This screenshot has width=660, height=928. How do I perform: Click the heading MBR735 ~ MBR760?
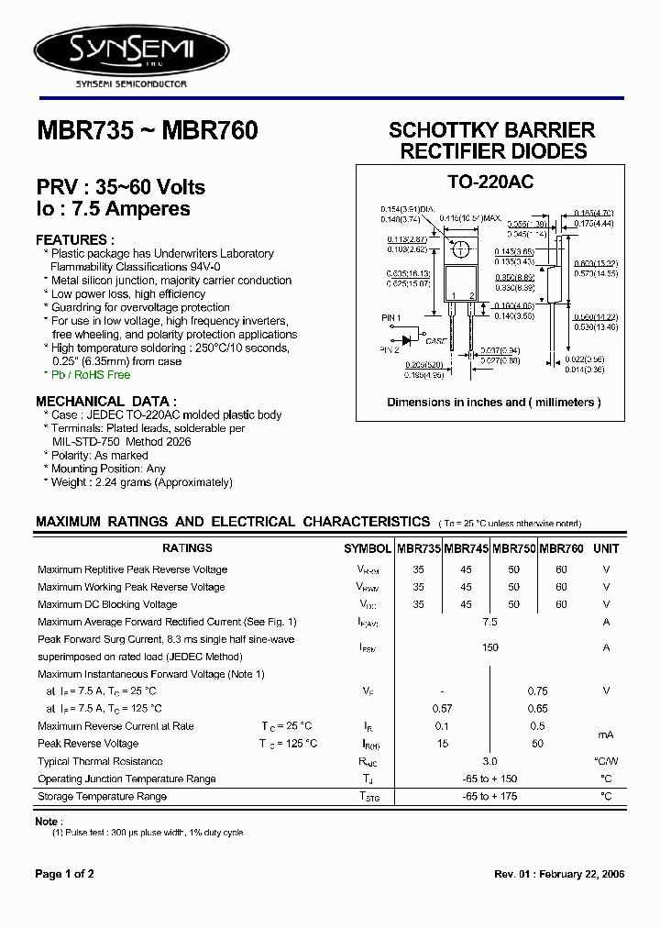[147, 130]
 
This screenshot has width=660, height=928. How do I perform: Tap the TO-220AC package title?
[489, 182]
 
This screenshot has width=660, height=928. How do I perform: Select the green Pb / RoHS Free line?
[91, 374]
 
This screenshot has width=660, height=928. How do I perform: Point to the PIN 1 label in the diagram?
[391, 317]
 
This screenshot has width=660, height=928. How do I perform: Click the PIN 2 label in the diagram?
[391, 350]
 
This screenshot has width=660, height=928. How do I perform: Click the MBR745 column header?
[466, 548]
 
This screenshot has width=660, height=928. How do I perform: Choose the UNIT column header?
[606, 548]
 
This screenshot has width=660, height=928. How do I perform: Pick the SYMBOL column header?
[368, 548]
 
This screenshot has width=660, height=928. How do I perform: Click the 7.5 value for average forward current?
[489, 622]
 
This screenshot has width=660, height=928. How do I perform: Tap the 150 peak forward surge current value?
[489, 647]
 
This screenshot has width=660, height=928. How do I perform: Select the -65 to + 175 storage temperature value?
[489, 796]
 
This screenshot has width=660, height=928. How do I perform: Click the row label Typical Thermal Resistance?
[100, 761]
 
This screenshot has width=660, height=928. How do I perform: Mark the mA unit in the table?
[606, 735]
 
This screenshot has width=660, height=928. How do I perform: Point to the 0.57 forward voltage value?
[442, 709]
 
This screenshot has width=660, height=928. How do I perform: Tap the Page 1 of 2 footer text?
[65, 874]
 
